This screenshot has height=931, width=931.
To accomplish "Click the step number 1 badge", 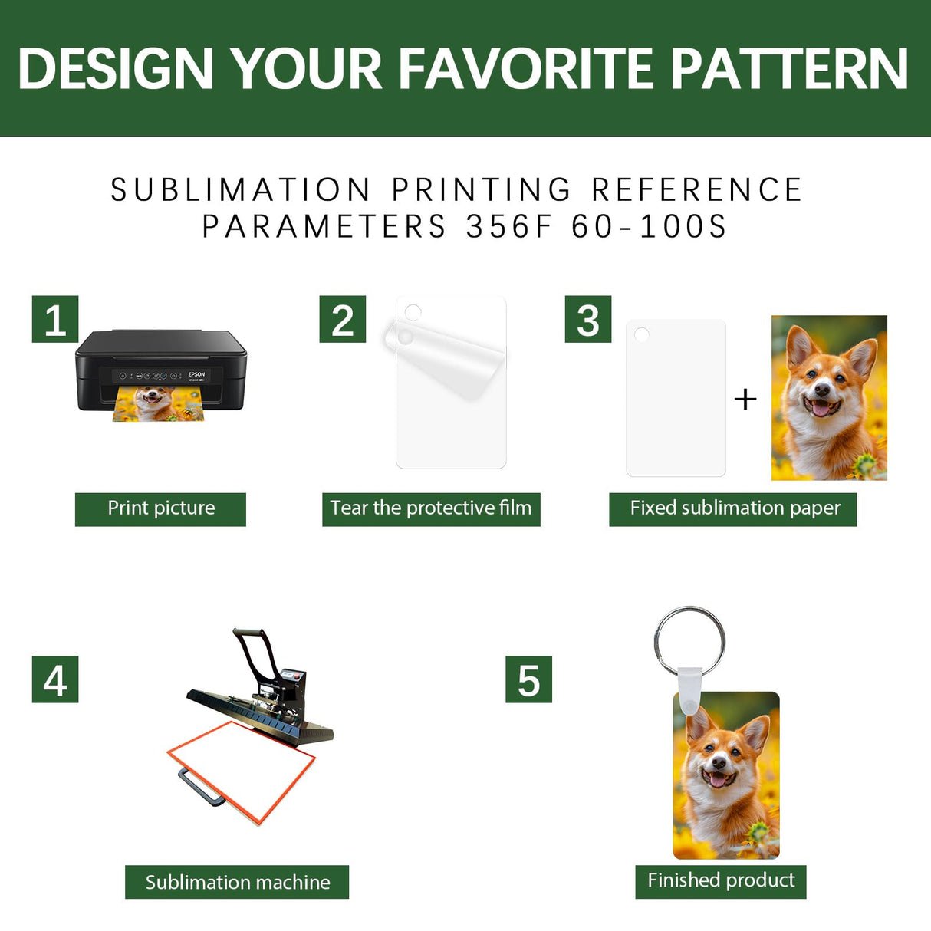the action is (x=55, y=319).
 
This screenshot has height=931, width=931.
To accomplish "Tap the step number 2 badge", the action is (x=343, y=319).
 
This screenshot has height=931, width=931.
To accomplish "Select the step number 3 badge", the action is (x=588, y=319).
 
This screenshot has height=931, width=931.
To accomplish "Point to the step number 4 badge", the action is (x=55, y=679).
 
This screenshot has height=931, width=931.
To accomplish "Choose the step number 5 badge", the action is (x=528, y=679).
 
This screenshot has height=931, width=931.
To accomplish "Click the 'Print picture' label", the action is (x=160, y=509).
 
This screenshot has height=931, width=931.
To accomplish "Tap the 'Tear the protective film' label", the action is (x=431, y=509).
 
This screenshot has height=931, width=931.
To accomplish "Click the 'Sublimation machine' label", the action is (x=237, y=882).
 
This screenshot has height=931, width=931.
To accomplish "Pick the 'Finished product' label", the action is (x=721, y=882).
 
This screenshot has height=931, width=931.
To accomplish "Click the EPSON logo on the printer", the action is (x=196, y=374).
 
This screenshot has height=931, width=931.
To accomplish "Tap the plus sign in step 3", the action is (x=745, y=400).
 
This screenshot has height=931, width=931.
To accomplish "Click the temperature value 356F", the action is (x=508, y=226).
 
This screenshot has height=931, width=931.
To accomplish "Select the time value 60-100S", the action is (x=649, y=226).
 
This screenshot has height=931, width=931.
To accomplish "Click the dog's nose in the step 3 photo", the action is (x=822, y=390).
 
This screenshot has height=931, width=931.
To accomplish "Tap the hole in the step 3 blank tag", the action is (x=642, y=334).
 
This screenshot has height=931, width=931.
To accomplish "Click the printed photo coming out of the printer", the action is (x=159, y=404).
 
